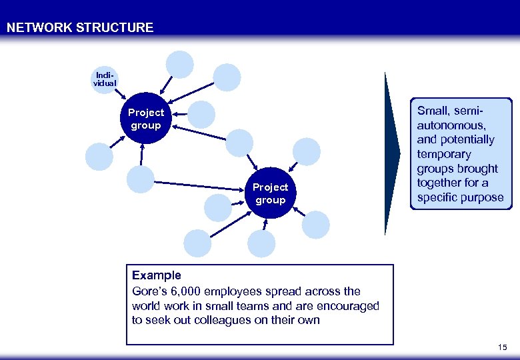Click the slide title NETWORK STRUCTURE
click(x=80, y=28)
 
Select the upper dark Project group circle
click(x=146, y=119)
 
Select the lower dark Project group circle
click(x=270, y=193)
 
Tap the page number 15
click(x=502, y=348)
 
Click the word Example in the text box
click(x=156, y=275)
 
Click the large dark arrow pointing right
click(x=392, y=153)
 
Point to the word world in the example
click(x=147, y=306)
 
